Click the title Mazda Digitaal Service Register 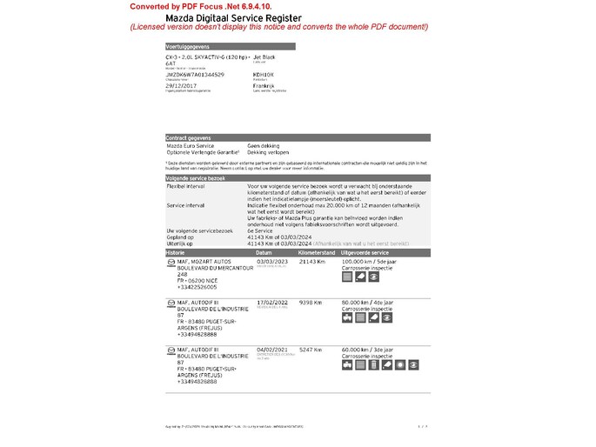234,17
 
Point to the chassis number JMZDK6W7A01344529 195,75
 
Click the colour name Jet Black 264,57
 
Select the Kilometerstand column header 316,251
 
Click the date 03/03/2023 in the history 271,261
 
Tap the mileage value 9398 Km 311,303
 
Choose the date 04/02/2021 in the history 271,349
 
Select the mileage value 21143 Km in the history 312,261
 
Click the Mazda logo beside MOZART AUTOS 170,261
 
